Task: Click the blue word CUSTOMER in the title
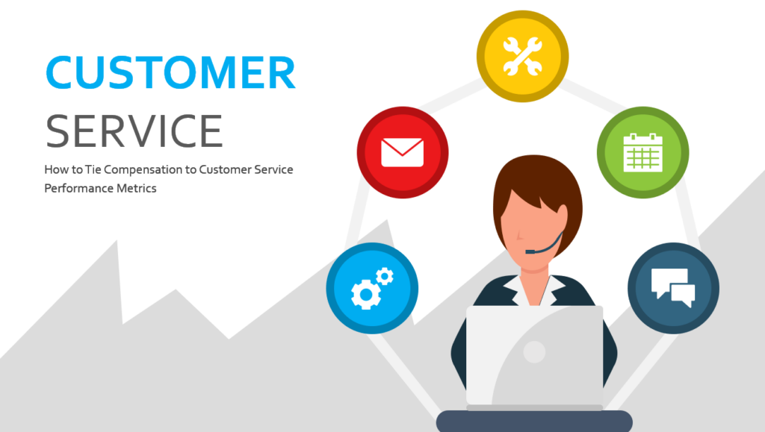170,73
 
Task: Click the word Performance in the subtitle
78,188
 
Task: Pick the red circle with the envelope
403,152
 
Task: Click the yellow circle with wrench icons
522,56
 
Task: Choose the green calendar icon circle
642,152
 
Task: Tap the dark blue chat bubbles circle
673,288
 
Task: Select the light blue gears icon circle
372,288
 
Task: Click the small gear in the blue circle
385,276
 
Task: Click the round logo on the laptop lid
534,351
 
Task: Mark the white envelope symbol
403,152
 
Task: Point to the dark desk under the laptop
534,422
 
